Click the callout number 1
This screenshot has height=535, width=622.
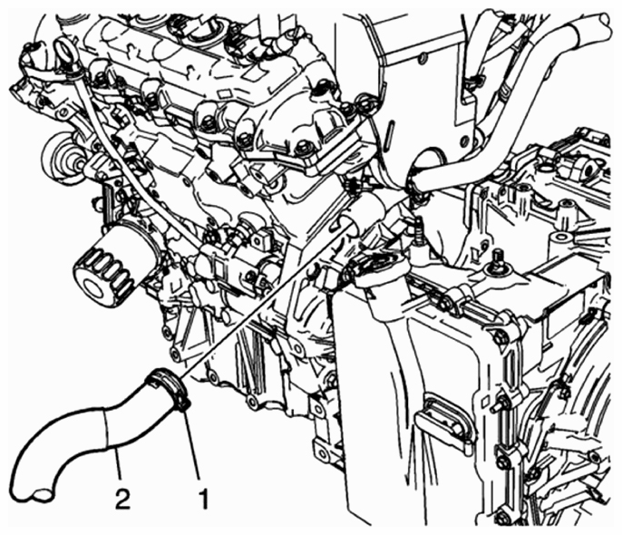pyautogui.click(x=203, y=499)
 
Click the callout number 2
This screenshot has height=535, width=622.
pyautogui.click(x=122, y=499)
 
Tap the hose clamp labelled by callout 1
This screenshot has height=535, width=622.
pyautogui.click(x=169, y=389)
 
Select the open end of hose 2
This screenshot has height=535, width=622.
pyautogui.click(x=42, y=494)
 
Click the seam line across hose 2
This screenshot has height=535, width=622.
pyautogui.click(x=107, y=430)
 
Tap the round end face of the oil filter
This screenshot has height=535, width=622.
pyautogui.click(x=95, y=287)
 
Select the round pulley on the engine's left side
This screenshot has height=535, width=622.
pyautogui.click(x=60, y=158)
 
